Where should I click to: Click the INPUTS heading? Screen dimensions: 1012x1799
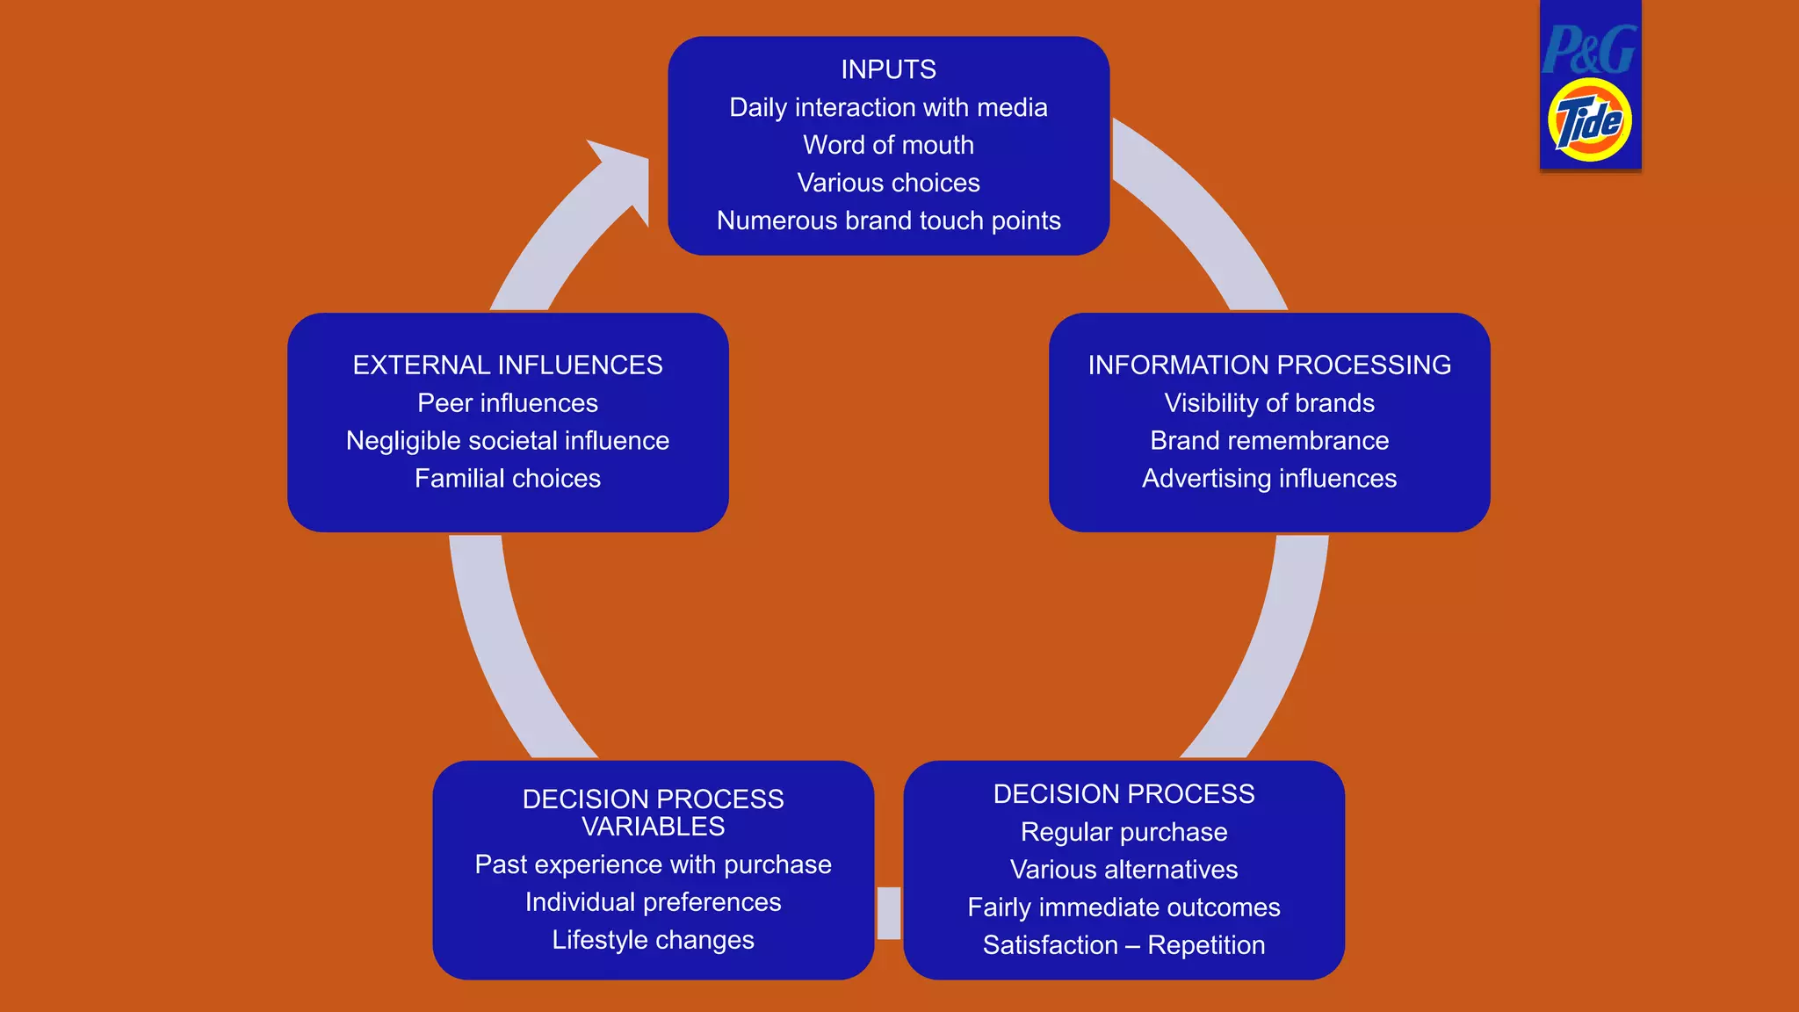(x=888, y=69)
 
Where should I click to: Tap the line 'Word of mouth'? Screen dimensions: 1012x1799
(x=888, y=145)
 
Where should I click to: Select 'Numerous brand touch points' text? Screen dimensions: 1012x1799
(x=888, y=220)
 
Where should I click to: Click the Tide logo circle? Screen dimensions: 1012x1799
(x=1590, y=121)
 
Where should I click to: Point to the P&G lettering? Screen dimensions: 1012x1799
(x=1589, y=50)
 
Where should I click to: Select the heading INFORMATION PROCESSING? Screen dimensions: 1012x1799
(x=1269, y=365)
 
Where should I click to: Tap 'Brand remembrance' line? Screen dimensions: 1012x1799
(x=1269, y=440)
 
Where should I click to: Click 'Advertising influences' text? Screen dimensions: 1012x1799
(x=1269, y=478)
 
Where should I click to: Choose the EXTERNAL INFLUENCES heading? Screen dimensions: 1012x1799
(x=508, y=365)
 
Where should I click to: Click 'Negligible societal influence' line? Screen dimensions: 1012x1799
(x=508, y=440)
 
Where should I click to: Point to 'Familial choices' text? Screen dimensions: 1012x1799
(x=508, y=478)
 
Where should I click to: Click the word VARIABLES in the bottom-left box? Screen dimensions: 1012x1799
(x=653, y=827)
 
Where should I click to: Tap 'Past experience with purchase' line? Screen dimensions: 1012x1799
(x=653, y=864)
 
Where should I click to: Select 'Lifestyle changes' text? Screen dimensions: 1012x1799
(x=653, y=940)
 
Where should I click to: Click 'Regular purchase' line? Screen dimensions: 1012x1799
(x=1123, y=832)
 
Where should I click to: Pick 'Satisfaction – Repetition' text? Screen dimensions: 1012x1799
(x=1123, y=945)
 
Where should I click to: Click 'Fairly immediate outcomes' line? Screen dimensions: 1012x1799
(x=1123, y=907)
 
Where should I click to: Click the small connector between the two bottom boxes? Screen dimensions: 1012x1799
(x=889, y=913)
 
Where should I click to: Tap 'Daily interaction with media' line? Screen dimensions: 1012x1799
(x=888, y=107)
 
